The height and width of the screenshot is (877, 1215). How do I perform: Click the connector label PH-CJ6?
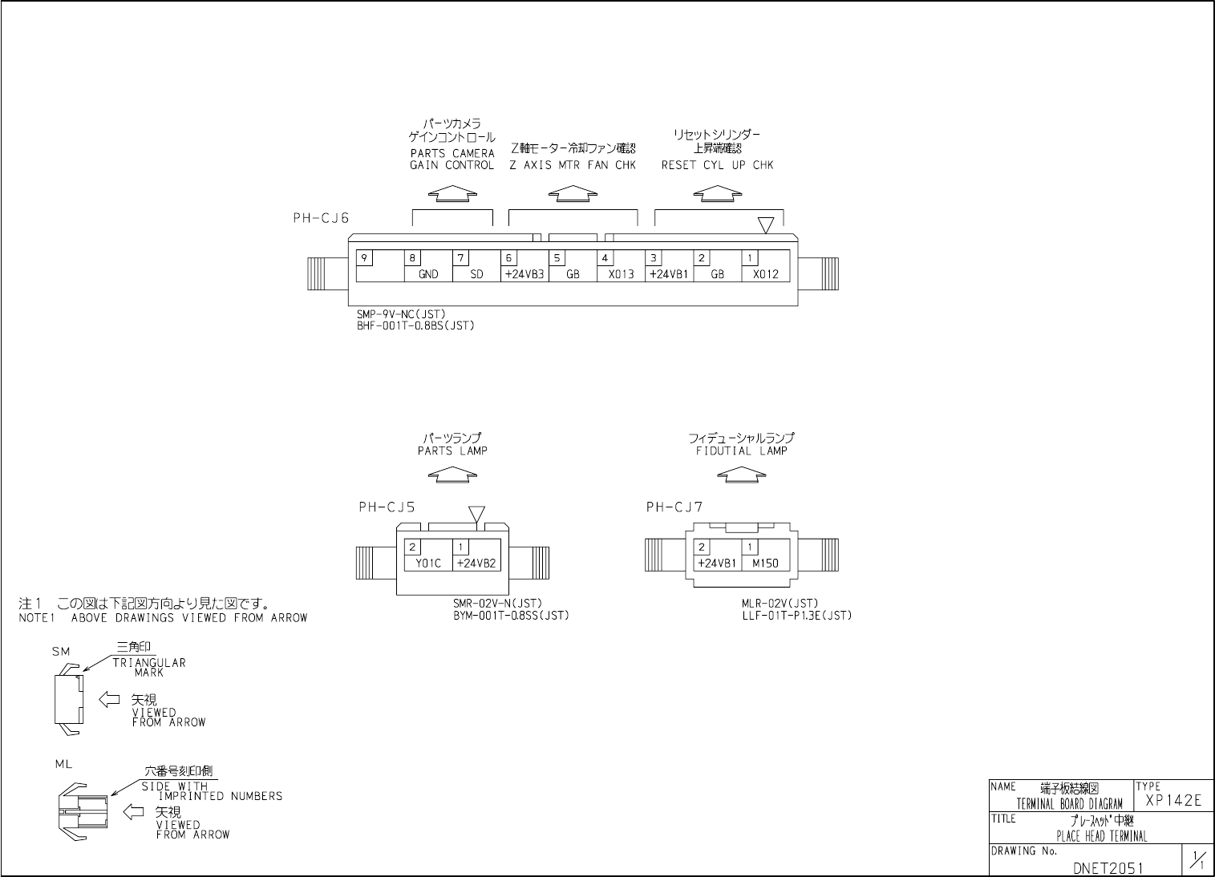tap(321, 218)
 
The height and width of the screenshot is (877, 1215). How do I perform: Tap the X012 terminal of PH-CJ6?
tap(765, 274)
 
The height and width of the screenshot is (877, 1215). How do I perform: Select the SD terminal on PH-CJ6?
tap(476, 274)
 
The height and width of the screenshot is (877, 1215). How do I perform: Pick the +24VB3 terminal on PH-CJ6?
tap(524, 274)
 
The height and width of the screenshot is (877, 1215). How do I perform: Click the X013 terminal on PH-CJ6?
tap(621, 274)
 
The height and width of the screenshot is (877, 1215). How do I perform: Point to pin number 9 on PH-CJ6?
tap(364, 258)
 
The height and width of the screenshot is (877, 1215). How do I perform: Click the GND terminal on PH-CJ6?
tap(428, 274)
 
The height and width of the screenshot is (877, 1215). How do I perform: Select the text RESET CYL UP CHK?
tap(717, 166)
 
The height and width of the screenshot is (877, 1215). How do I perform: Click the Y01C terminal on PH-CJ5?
tap(428, 563)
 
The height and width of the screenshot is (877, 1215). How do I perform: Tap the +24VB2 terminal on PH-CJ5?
tap(476, 563)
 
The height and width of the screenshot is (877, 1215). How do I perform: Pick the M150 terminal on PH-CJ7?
tap(765, 563)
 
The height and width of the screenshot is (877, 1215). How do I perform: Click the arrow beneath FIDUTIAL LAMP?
tap(741, 475)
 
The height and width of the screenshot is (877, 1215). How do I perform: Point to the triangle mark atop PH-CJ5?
tap(476, 514)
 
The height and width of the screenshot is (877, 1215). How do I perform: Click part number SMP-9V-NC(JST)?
tap(400, 314)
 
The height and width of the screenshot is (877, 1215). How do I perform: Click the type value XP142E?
tap(1173, 801)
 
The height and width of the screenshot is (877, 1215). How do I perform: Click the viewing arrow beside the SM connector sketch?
tap(109, 699)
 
